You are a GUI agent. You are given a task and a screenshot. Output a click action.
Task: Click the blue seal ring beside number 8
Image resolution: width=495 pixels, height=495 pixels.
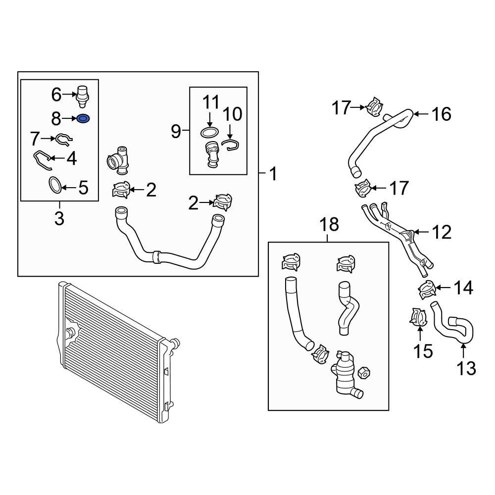[x=84, y=118]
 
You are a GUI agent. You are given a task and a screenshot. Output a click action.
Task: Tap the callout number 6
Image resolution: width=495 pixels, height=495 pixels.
[x=56, y=94]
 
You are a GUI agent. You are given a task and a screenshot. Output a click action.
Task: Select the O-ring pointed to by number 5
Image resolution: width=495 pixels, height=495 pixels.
[x=55, y=185]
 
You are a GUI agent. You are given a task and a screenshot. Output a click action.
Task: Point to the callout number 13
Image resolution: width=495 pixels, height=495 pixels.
[x=465, y=368]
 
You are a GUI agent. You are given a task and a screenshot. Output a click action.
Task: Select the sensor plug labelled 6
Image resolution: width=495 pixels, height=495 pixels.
[x=82, y=95]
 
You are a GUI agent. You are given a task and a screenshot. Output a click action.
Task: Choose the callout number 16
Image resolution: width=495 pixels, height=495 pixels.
[x=441, y=114]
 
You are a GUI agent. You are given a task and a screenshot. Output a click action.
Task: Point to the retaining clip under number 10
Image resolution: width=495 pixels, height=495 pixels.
[x=231, y=144]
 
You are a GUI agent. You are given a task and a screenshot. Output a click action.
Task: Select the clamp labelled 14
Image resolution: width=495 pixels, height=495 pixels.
[x=426, y=289]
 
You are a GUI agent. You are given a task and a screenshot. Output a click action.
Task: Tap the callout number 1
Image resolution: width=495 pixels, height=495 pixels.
[x=272, y=174]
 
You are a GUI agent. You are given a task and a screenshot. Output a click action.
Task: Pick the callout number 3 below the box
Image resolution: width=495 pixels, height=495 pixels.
[x=59, y=218]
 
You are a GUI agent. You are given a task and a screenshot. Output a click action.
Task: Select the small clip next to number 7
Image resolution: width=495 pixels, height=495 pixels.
[x=64, y=139]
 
